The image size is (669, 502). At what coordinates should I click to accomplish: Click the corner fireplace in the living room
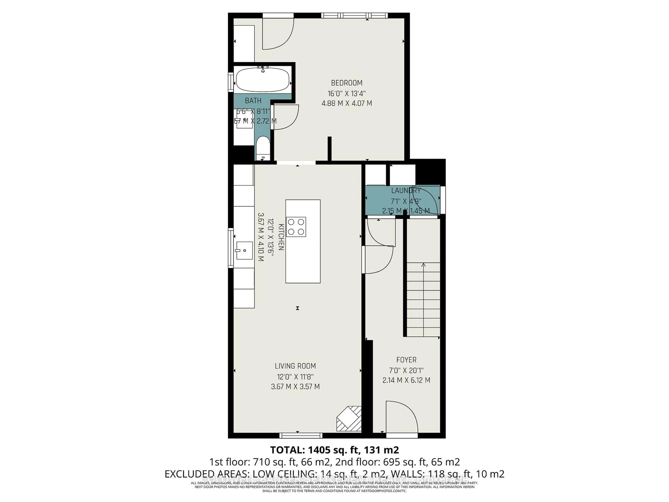tap(349, 419)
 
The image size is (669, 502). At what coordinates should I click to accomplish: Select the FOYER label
tap(406, 360)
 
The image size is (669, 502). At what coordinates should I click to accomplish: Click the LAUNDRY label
tap(406, 191)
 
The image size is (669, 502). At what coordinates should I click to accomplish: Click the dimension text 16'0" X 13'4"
tap(347, 93)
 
